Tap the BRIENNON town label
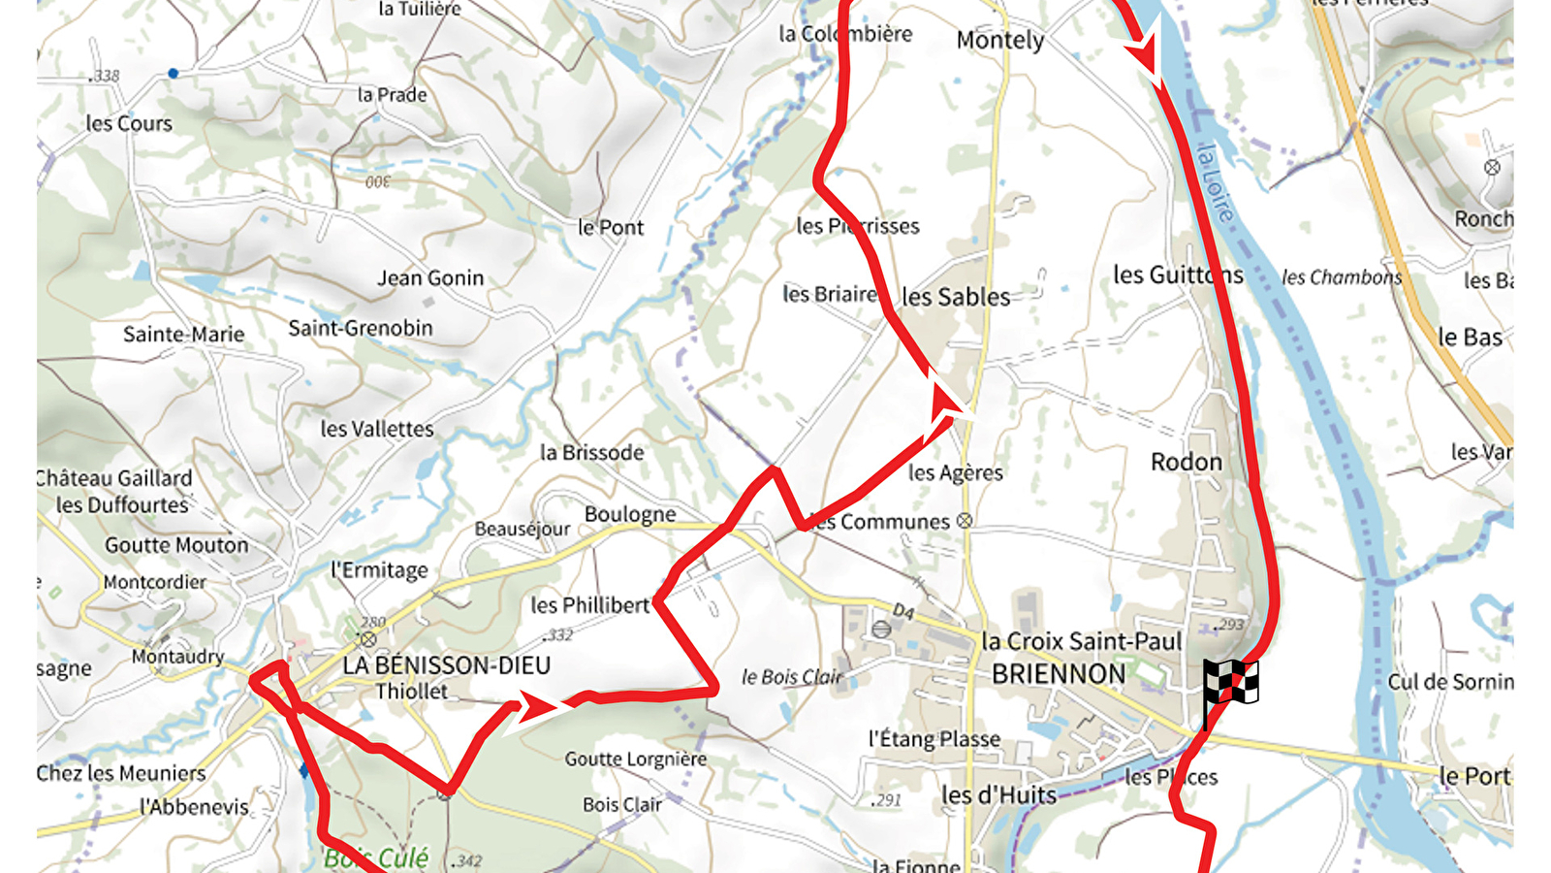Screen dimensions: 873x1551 pyautogui.click(x=1058, y=674)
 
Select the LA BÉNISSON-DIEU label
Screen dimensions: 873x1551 pyautogui.click(x=446, y=665)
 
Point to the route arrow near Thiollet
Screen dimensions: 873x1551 pyautogui.click(x=533, y=706)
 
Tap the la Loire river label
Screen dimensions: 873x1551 pyautogui.click(x=1216, y=181)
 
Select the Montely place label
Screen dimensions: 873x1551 pyautogui.click(x=999, y=41)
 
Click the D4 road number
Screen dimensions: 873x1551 pyautogui.click(x=902, y=611)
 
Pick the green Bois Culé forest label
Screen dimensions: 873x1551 pyautogui.click(x=376, y=857)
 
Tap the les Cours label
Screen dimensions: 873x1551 pyautogui.click(x=129, y=123)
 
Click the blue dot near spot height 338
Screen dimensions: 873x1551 pyautogui.click(x=173, y=73)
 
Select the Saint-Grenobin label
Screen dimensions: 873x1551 pyautogui.click(x=360, y=328)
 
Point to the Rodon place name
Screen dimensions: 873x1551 pyautogui.click(x=1186, y=462)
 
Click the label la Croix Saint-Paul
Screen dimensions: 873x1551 pyautogui.click(x=1081, y=641)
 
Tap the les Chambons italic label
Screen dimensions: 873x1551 pyautogui.click(x=1342, y=277)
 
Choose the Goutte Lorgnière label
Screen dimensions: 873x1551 pyautogui.click(x=636, y=759)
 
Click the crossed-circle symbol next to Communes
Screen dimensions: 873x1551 pyautogui.click(x=964, y=521)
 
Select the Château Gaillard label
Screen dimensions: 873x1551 pyautogui.click(x=114, y=478)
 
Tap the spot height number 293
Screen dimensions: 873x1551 pyautogui.click(x=1231, y=625)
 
